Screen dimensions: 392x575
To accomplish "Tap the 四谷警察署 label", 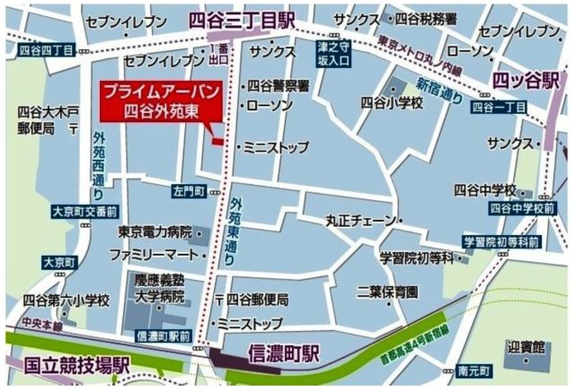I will coord(279,86).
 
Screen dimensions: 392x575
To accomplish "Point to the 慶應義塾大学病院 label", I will coord(159,287).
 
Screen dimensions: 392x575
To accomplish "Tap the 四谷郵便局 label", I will coord(261,299).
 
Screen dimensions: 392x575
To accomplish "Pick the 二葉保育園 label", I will coord(387,292).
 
